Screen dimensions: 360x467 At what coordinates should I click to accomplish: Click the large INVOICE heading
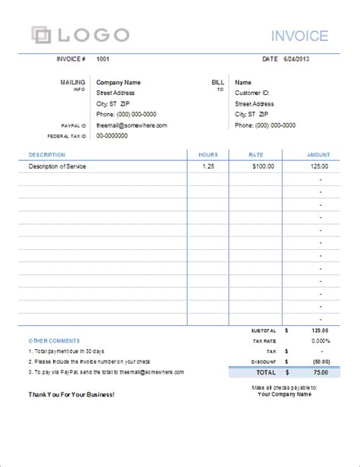(x=300, y=36)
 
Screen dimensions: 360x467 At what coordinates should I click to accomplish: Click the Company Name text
(x=118, y=82)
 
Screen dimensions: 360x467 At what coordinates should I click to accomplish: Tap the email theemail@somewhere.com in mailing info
(x=131, y=125)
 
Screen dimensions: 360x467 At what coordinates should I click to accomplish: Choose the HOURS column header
(x=208, y=154)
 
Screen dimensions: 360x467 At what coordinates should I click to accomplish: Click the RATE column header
(x=256, y=154)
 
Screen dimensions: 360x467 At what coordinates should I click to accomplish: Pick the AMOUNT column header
(x=318, y=154)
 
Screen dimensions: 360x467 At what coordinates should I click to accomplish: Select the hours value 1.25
(x=208, y=165)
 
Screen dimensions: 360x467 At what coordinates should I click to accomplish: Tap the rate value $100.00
(x=263, y=165)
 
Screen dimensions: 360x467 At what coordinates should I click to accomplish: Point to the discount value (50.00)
(x=318, y=361)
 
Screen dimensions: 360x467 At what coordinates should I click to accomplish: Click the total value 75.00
(x=321, y=373)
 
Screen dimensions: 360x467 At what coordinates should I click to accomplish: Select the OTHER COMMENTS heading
(x=54, y=340)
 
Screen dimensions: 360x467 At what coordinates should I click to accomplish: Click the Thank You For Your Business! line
(x=71, y=395)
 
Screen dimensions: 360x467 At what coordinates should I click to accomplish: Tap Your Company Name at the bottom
(x=285, y=394)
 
